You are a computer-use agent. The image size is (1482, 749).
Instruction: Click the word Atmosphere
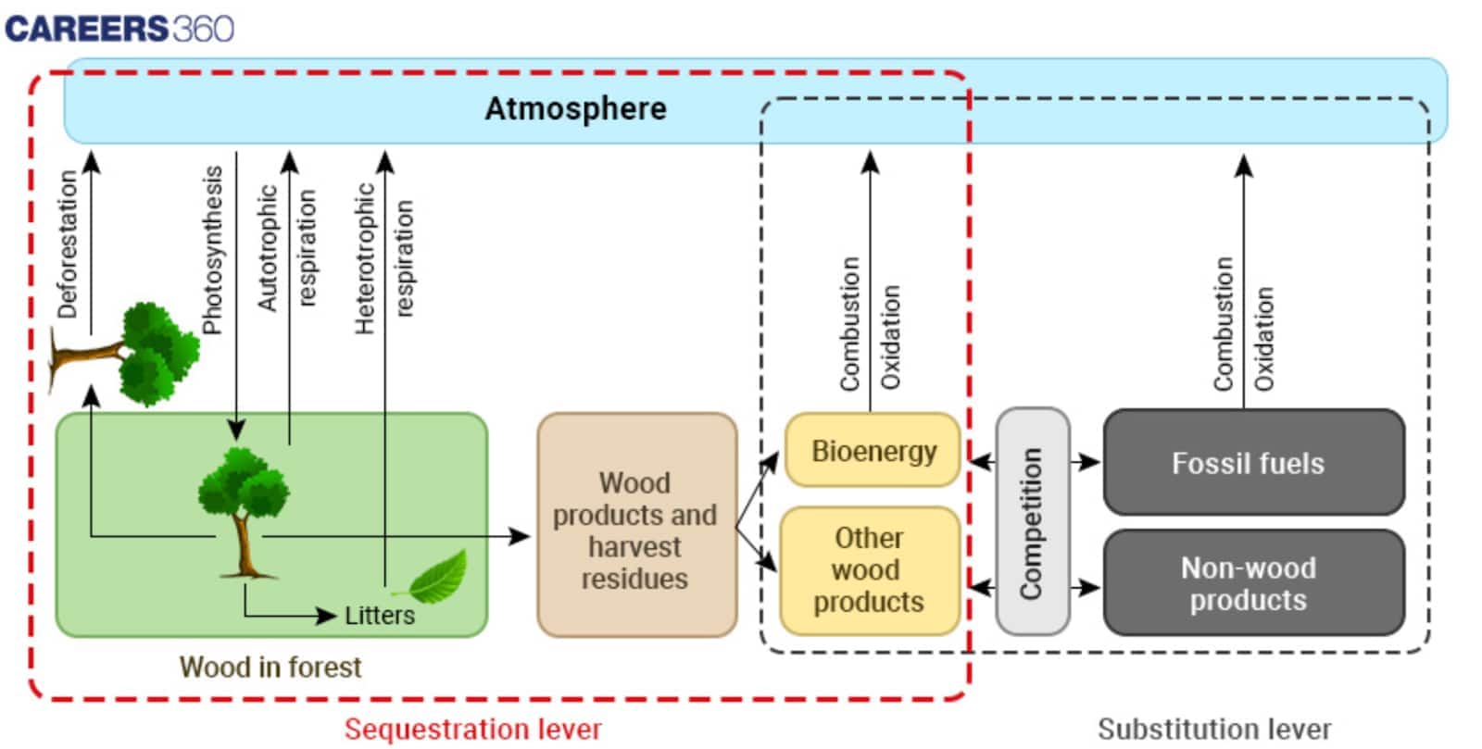[575, 108]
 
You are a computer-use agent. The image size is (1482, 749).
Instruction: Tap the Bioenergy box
[873, 451]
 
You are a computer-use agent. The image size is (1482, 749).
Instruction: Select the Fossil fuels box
[1253, 463]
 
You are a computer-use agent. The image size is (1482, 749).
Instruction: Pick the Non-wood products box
[1253, 583]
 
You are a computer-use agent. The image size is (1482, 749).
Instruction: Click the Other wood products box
[869, 570]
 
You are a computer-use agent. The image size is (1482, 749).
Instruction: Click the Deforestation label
[68, 245]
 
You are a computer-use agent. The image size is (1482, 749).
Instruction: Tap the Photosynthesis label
[213, 250]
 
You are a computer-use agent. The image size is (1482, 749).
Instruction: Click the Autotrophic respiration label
[286, 248]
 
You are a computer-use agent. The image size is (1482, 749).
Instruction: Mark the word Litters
[380, 616]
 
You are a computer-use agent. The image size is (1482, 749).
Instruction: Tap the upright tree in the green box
[244, 509]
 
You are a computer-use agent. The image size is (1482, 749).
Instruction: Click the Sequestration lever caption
[473, 730]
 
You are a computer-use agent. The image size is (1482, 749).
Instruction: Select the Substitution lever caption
[1214, 730]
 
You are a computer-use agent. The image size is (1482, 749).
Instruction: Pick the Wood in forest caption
[270, 667]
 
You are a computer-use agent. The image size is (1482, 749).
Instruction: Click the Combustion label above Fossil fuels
[1224, 324]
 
